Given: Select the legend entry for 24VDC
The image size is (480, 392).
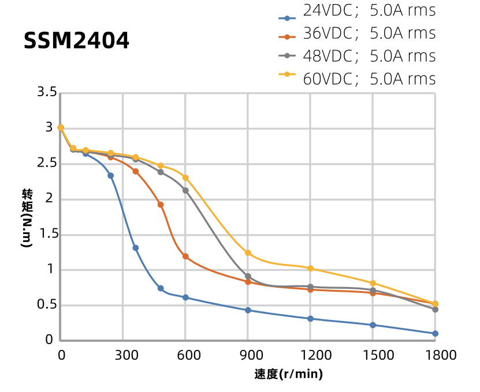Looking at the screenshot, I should click(357, 11).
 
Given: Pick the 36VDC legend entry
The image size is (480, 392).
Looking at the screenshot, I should click(357, 33).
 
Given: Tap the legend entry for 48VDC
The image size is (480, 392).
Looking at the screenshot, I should click(357, 56).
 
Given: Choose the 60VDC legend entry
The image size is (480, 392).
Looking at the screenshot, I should click(357, 78).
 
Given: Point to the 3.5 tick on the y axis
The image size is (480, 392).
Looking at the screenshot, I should click(47, 92).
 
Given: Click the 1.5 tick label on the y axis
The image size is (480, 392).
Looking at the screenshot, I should click(47, 234).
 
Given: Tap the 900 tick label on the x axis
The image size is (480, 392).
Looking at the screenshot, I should click(248, 355).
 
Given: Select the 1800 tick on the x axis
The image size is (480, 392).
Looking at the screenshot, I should click(435, 355).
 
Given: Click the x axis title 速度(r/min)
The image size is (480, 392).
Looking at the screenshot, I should click(288, 374).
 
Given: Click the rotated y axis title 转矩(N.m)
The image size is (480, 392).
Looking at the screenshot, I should click(27, 217).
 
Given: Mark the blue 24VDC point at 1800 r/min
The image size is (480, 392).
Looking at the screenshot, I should click(435, 334).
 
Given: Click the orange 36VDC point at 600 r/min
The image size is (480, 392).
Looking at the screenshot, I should click(185, 257).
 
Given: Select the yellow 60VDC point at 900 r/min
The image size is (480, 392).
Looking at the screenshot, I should click(248, 253).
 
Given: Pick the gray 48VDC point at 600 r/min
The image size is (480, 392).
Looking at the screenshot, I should click(185, 191).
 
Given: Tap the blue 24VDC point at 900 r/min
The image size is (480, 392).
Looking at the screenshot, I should click(248, 310).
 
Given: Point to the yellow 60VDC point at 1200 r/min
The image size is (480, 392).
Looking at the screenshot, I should click(310, 269).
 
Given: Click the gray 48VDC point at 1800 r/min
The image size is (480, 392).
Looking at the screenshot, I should click(435, 310).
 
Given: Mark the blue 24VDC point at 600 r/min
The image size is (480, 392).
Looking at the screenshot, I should click(185, 297).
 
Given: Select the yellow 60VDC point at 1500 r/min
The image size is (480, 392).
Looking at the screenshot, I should click(373, 283).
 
